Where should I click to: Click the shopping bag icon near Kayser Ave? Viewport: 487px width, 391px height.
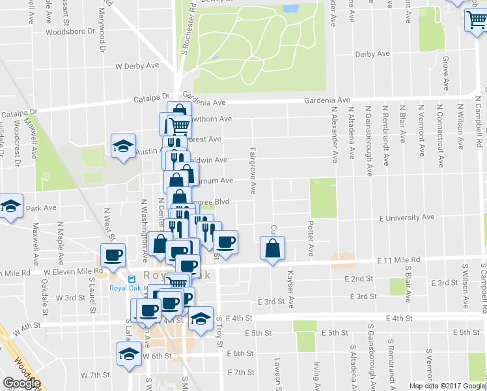pyautogui.click(x=272, y=248)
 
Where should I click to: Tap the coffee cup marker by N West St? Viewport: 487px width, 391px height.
pyautogui.click(x=112, y=255)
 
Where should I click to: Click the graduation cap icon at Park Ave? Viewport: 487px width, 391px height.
pyautogui.click(x=9, y=207)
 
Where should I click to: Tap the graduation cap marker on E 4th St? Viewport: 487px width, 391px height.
pyautogui.click(x=201, y=318)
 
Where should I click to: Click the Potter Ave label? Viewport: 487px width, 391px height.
pyautogui.click(x=311, y=239)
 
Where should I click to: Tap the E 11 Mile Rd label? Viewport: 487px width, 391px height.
pyautogui.click(x=399, y=259)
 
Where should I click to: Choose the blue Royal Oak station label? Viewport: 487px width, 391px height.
pyautogui.click(x=126, y=288)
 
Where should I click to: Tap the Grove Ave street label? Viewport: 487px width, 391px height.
pyautogui.click(x=446, y=73)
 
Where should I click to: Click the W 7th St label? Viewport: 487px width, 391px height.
pyautogui.click(x=95, y=375)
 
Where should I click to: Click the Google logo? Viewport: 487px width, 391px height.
pyautogui.click(x=21, y=383)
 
